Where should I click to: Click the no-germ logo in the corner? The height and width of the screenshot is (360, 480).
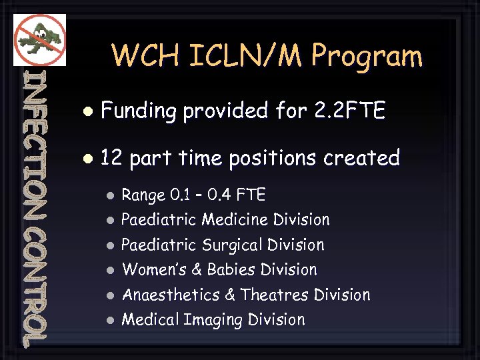coord(39,39)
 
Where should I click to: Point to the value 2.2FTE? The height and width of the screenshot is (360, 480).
coord(349,110)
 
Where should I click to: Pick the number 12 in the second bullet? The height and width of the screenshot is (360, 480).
coord(111,158)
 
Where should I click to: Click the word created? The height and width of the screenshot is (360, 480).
coord(361,158)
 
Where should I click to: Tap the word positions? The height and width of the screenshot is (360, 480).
coord(273,159)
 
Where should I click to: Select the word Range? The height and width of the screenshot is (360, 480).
coord(143,195)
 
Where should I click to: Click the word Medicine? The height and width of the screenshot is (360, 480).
coord(234,219)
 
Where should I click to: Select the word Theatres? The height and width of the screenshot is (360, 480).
coord(275,295)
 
